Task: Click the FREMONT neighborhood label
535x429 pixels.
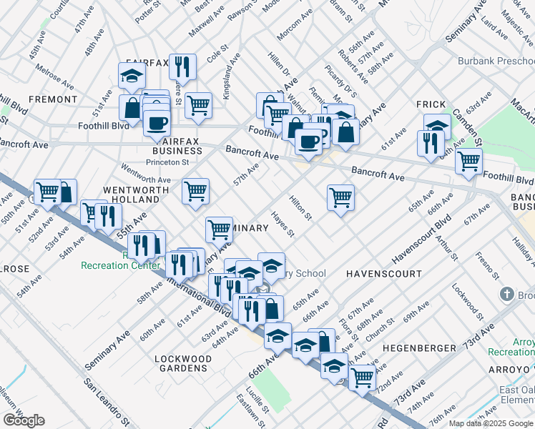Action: point(53,99)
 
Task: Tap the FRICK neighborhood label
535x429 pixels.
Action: point(431,104)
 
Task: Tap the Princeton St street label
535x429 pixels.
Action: point(167,162)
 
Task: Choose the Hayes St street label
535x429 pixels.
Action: point(283,224)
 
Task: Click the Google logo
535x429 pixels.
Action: point(24,420)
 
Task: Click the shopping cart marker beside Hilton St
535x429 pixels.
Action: point(341,197)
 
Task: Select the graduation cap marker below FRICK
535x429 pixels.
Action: point(436,126)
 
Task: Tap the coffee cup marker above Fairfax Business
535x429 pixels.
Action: point(156,122)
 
